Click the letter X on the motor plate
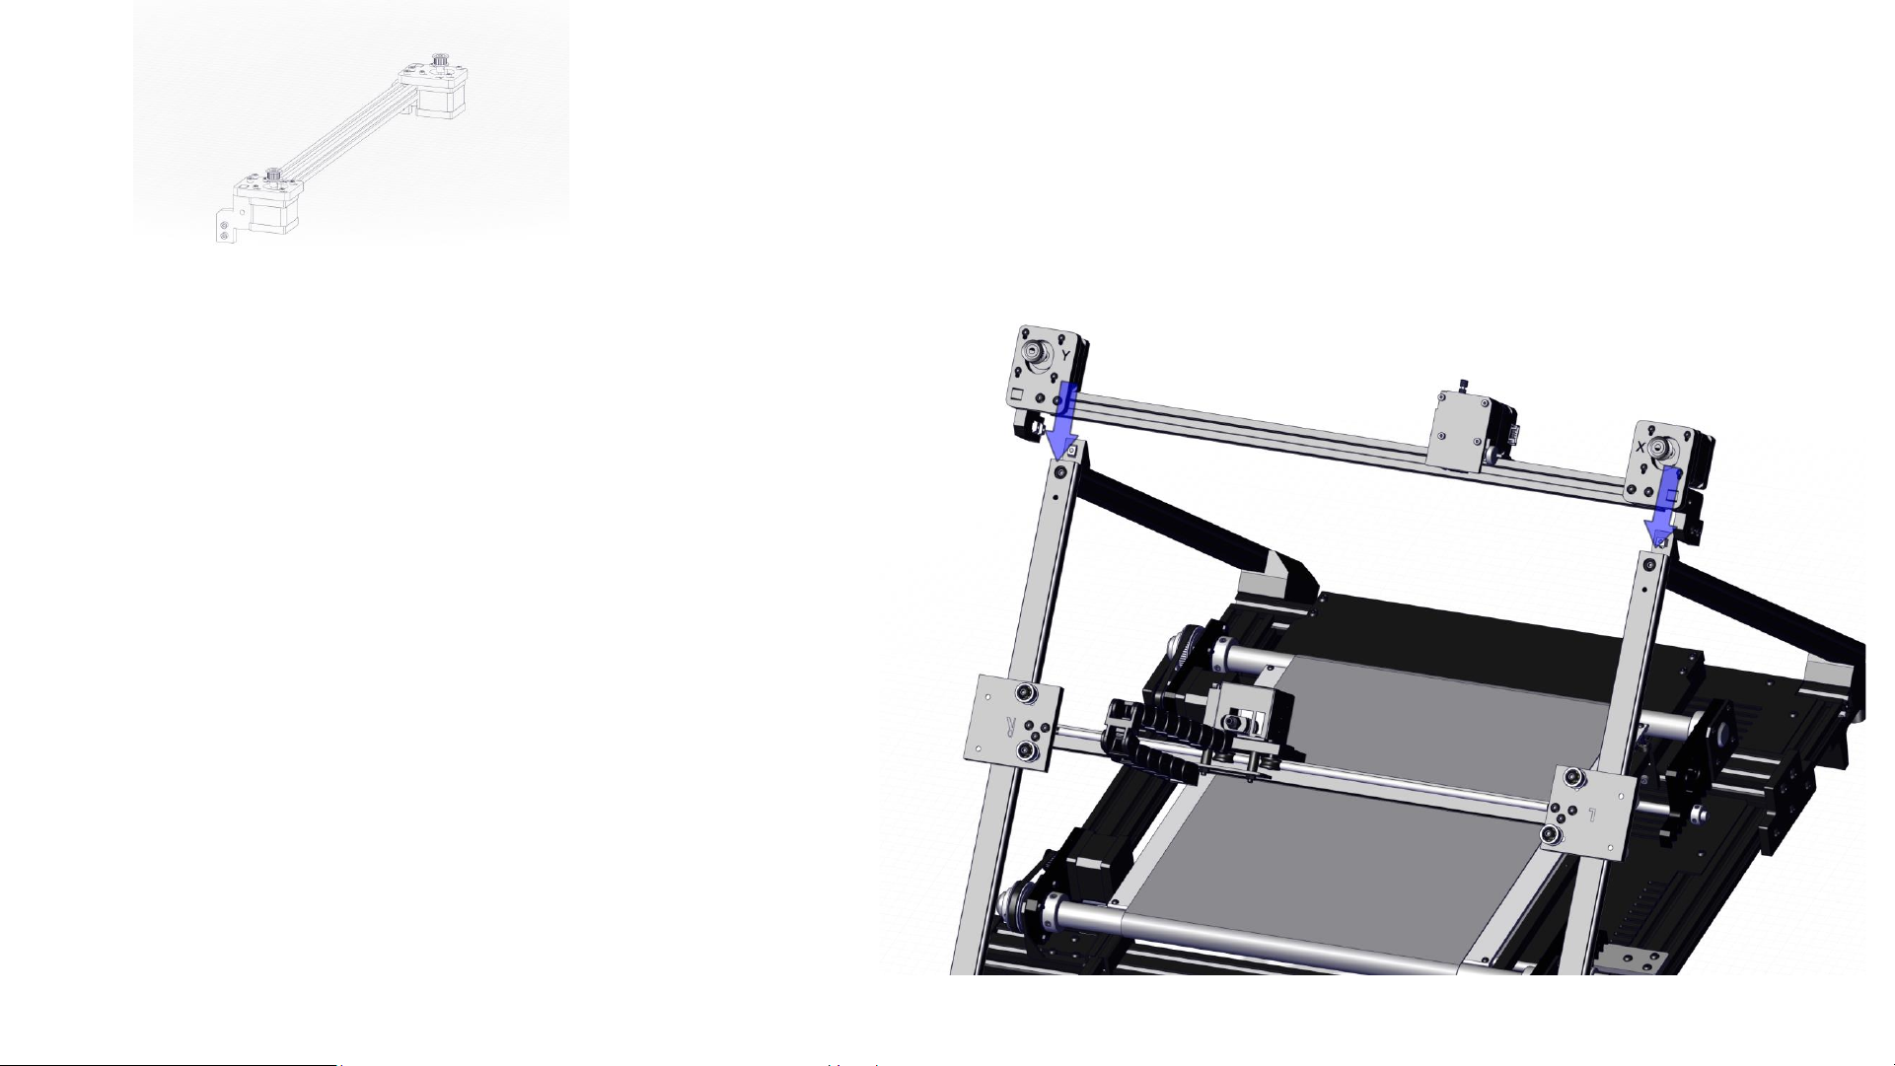pos(1641,447)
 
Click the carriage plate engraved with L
pos(1593,808)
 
